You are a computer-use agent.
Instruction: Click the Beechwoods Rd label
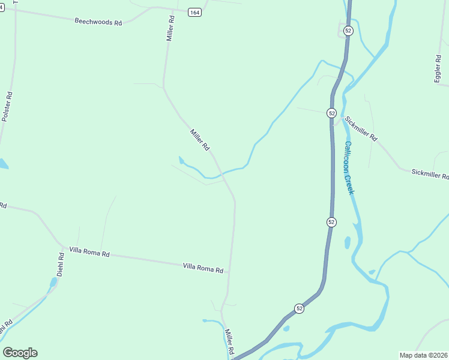coord(98,22)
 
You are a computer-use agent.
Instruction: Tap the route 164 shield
coord(194,13)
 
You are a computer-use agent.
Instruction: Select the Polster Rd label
coord(7,107)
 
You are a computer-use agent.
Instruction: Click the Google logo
coord(20,353)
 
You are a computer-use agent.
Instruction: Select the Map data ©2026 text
coord(424,355)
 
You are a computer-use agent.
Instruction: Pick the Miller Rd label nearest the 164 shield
coord(171,28)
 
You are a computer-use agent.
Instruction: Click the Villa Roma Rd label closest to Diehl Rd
coord(89,253)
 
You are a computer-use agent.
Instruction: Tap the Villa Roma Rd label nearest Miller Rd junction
coord(203,268)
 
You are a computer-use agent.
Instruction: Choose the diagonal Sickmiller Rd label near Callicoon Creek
coord(361,128)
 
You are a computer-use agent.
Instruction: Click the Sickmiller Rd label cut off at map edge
coord(429,174)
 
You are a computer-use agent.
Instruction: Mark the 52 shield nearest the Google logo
coord(299,308)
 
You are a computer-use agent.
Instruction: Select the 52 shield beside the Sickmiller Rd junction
coord(331,113)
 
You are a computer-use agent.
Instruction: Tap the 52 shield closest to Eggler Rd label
coord(348,31)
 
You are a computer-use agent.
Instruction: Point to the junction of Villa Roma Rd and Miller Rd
coord(229,272)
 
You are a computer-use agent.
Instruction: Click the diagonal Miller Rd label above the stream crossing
coord(200,139)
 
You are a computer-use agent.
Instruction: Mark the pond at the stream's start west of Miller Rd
coord(181,160)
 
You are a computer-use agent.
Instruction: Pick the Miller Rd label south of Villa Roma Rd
coord(229,341)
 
